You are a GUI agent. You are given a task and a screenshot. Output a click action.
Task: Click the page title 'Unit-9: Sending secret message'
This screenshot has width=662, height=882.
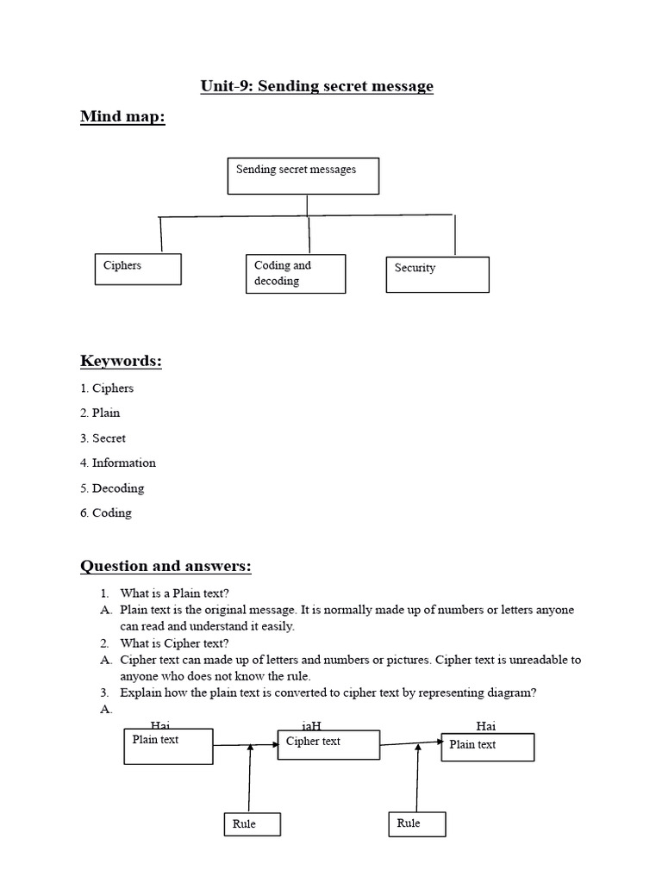coord(316,86)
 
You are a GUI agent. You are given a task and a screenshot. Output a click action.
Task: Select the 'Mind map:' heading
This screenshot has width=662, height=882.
coord(122,116)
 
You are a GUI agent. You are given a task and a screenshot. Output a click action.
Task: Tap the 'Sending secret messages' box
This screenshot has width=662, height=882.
coord(303,176)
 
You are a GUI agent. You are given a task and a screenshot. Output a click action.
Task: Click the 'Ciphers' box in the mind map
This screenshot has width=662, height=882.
coord(137,269)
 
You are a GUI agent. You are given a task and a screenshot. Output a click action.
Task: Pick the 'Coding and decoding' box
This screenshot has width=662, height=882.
coord(295,274)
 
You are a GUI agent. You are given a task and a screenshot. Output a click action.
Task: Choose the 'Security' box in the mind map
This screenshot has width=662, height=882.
coord(437,275)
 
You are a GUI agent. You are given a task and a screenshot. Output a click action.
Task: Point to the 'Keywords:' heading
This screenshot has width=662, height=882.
coord(121,361)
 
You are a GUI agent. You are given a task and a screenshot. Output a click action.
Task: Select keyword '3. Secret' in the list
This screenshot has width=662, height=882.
coord(103,438)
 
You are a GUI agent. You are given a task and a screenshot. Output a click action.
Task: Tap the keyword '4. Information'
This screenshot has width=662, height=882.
coord(118,463)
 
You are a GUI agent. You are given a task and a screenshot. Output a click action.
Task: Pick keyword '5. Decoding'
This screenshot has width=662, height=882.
coord(112,488)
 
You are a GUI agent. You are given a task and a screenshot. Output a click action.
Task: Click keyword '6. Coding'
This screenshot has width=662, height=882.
coord(106,512)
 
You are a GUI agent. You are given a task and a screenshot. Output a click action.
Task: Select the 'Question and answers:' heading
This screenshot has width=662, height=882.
coord(165,566)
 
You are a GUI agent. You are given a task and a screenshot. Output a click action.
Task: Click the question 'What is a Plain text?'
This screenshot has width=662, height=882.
coord(175,593)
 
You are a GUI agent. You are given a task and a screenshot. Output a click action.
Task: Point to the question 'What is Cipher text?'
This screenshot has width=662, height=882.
coord(175,643)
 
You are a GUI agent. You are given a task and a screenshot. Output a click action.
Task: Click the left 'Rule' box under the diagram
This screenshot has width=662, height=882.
coord(252,824)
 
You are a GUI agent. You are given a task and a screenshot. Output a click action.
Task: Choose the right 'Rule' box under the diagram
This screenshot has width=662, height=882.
coord(416,824)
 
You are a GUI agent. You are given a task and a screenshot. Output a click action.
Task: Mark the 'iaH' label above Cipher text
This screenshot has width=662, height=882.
coord(311,726)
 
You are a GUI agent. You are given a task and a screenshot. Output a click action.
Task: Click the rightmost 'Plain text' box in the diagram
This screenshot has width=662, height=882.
coord(488,747)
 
